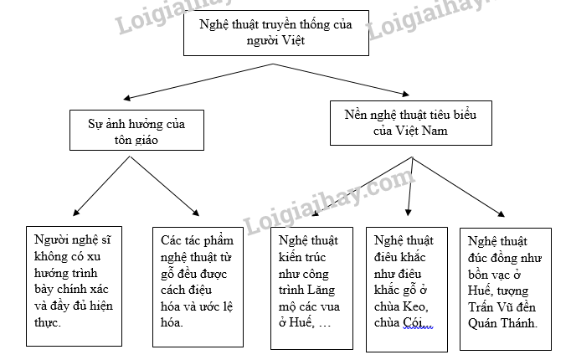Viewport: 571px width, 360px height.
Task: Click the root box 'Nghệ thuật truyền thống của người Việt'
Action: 275,33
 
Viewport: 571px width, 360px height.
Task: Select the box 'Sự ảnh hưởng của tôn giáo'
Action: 136,131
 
